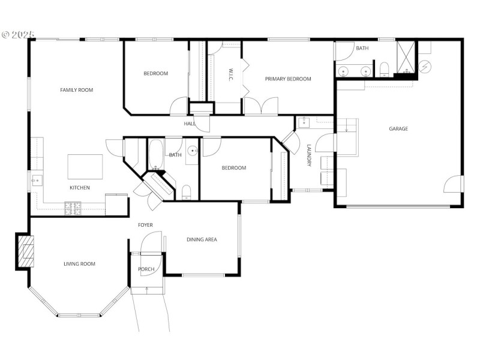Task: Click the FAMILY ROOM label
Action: coord(76,90)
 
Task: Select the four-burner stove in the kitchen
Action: coord(73,208)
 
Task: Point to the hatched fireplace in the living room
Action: coord(25,251)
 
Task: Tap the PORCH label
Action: coord(146,269)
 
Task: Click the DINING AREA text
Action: coord(202,239)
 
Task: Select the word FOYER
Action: coord(145,225)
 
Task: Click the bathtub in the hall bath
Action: coord(154,154)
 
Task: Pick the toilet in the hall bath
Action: coord(186,192)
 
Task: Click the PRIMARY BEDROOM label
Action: coord(288,79)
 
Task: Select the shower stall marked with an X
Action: coord(406,57)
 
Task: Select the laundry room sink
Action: coord(304,124)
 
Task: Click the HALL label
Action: coord(190,124)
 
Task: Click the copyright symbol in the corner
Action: coord(7,35)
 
